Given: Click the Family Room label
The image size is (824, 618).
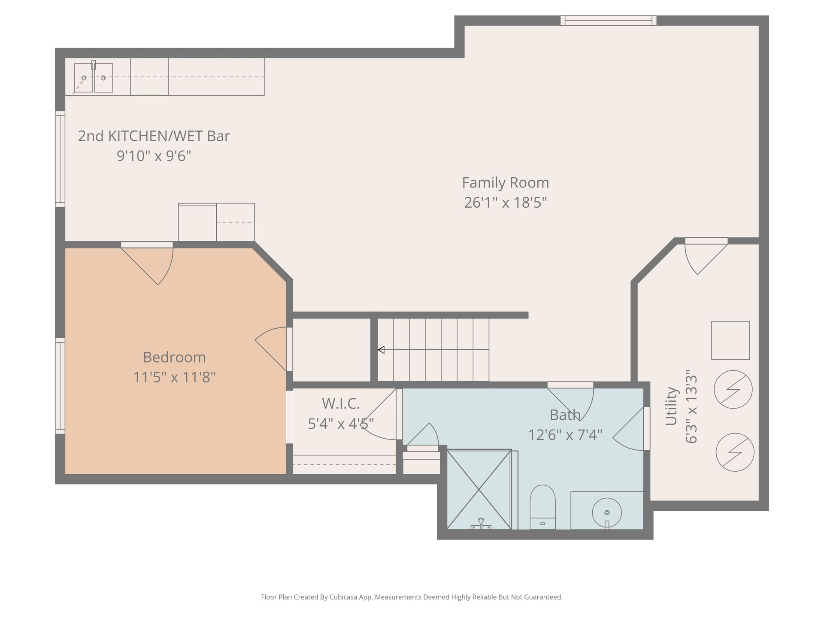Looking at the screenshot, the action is point(506,183).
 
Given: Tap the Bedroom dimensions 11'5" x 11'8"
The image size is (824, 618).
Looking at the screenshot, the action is point(174,377).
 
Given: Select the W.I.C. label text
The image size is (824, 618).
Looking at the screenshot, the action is point(341,403).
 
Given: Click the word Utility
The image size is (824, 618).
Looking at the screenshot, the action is point(671,406).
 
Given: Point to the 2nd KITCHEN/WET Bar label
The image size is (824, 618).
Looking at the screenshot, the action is point(154,136).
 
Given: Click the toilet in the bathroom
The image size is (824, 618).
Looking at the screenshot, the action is point(542,507).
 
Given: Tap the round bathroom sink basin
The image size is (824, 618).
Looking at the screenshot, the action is point(607,512).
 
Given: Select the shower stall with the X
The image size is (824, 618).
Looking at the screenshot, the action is point(479,489).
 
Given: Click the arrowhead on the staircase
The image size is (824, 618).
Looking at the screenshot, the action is point(381,350).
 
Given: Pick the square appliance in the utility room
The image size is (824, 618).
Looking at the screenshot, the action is point(730,340).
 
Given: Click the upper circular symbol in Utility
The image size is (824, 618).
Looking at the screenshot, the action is point(733,389).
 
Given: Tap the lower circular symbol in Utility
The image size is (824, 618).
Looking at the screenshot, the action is point(735,452).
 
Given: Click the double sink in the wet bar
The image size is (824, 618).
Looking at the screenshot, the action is point(94,78).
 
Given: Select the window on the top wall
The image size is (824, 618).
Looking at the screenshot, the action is point(609,20).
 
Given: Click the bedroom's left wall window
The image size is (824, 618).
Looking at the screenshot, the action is point(60,385).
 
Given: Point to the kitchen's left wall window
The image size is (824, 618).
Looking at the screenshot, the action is point(60,159).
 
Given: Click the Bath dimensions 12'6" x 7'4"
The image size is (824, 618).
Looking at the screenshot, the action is point(565,435).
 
